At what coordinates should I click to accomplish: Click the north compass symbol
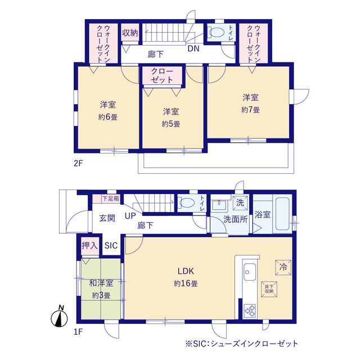(59, 317)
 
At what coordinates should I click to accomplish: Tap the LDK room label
(186, 271)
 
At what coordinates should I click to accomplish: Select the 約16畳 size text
(186, 283)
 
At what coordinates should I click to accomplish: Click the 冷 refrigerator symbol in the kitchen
(283, 267)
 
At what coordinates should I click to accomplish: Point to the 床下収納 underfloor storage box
(269, 289)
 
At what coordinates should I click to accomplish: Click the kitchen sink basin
(250, 272)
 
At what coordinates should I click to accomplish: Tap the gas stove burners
(250, 311)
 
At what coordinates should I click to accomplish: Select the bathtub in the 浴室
(282, 214)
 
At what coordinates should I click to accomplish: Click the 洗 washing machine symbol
(240, 203)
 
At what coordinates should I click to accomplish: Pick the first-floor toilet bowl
(186, 202)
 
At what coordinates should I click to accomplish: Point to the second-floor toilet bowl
(216, 33)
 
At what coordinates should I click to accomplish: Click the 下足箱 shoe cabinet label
(111, 199)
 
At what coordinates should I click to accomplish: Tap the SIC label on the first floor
(111, 246)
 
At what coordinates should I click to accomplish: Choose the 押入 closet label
(90, 246)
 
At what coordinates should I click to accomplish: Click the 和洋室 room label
(101, 283)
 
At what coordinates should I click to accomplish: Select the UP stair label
(130, 216)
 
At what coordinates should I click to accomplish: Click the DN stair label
(193, 48)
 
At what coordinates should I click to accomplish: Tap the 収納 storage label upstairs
(130, 33)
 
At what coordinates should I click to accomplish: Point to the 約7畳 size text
(250, 110)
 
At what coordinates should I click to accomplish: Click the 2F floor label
(78, 163)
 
